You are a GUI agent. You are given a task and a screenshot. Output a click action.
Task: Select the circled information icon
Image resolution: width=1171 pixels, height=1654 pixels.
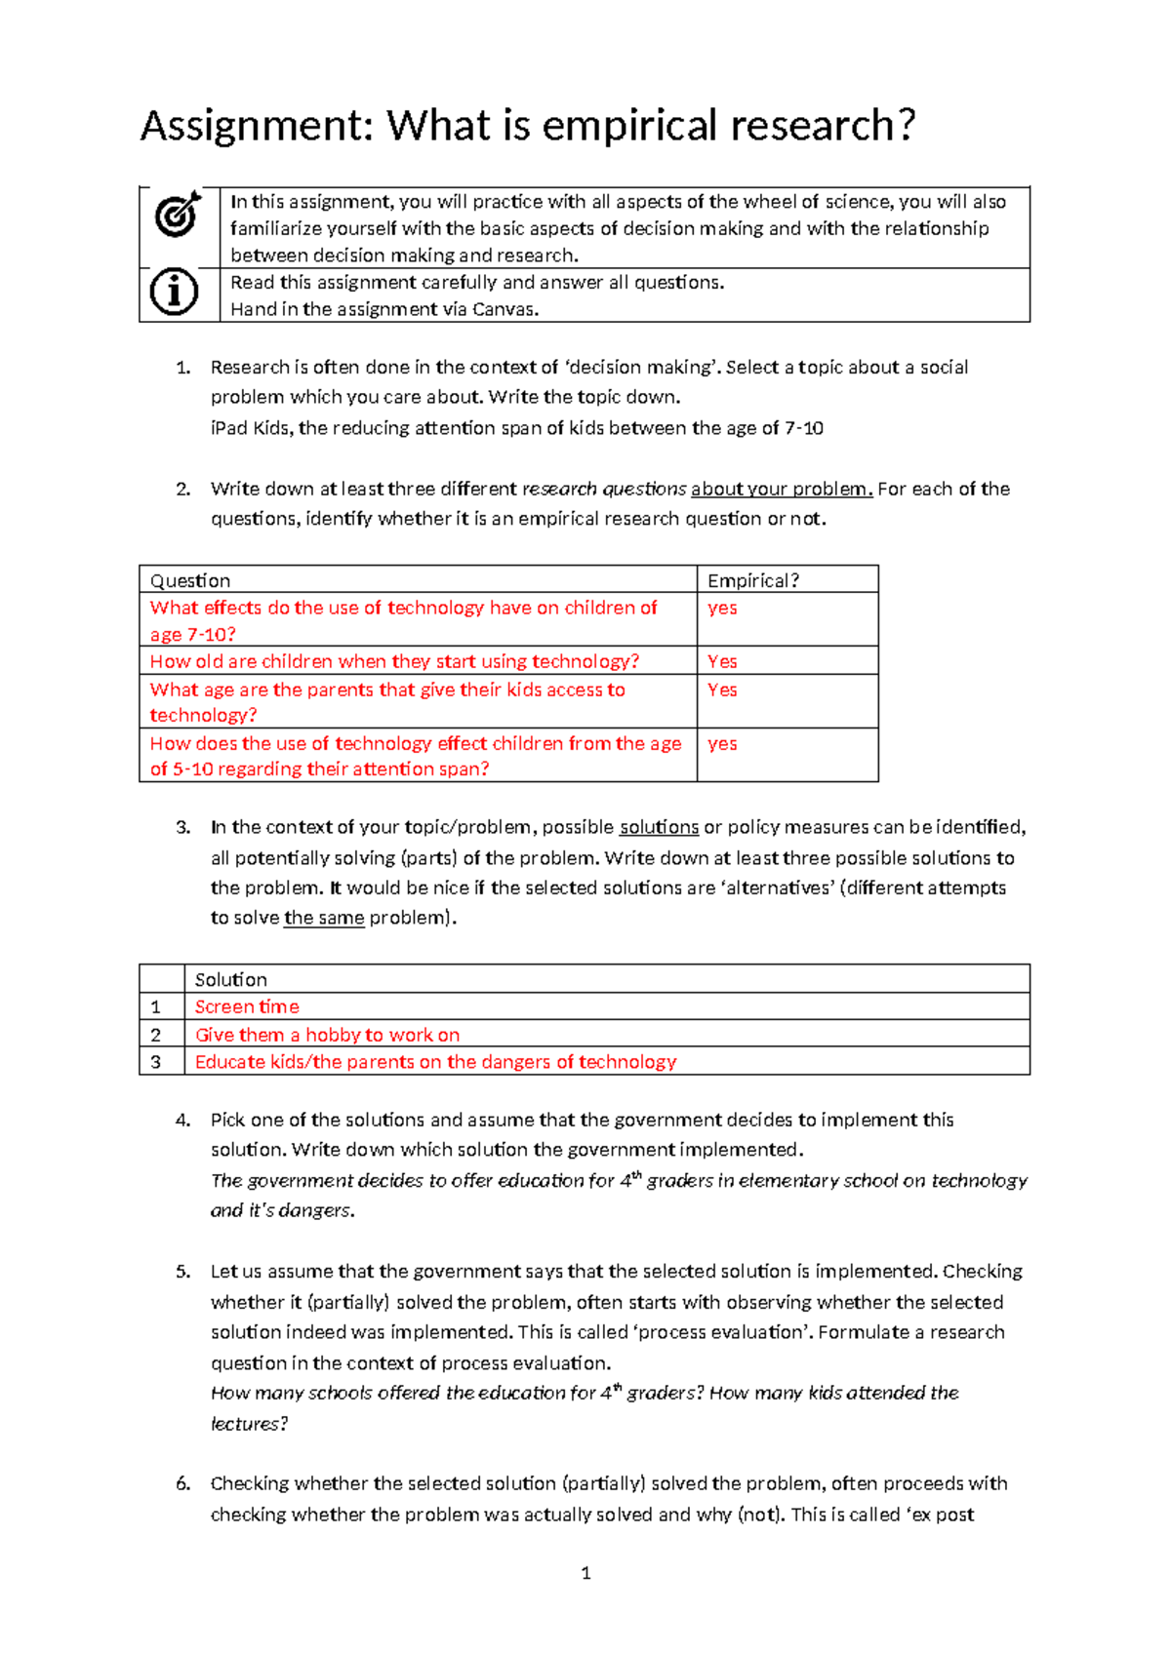tap(175, 292)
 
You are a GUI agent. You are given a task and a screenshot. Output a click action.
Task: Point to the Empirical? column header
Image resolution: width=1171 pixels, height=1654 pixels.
tap(753, 580)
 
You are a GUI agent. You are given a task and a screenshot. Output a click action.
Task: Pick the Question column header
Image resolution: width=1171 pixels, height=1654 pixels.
tap(190, 580)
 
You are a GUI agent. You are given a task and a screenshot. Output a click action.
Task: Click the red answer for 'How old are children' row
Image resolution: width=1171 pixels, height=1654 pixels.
tap(722, 661)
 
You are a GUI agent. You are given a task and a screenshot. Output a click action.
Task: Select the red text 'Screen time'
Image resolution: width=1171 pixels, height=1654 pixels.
tap(247, 1006)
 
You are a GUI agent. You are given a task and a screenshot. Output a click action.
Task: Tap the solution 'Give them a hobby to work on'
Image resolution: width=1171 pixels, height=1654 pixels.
tap(327, 1035)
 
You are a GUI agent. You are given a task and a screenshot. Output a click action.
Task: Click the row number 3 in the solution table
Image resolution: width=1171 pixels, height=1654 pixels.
tap(155, 1062)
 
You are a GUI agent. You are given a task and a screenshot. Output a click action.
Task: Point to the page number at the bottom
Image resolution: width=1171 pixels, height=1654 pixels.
tap(585, 1572)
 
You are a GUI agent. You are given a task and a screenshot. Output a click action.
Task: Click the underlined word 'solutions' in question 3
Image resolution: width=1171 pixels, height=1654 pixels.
tap(659, 827)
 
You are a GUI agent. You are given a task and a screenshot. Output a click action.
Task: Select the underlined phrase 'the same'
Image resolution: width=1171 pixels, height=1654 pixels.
tap(324, 918)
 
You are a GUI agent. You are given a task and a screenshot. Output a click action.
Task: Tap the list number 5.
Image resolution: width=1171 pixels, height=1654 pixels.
tap(182, 1272)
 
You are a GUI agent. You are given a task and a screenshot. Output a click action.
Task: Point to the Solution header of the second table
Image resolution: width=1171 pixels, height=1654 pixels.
tap(230, 979)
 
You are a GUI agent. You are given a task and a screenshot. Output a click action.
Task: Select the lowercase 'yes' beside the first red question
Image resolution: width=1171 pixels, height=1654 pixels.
tap(722, 608)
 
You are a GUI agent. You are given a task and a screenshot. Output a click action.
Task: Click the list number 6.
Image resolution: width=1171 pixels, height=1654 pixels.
tap(182, 1483)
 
